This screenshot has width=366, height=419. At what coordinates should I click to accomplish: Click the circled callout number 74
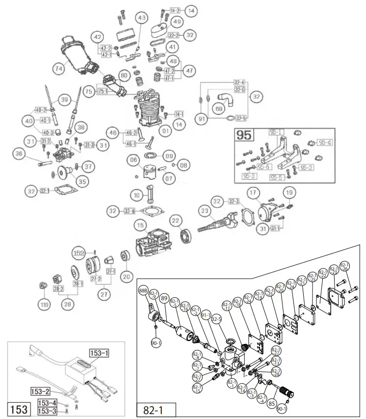[59, 69]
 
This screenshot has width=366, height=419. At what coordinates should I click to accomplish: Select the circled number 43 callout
[142, 18]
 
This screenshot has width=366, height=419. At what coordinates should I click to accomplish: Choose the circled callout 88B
[143, 289]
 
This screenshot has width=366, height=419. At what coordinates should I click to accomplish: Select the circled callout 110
[45, 305]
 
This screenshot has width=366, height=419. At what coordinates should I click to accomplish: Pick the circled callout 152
[79, 253]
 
